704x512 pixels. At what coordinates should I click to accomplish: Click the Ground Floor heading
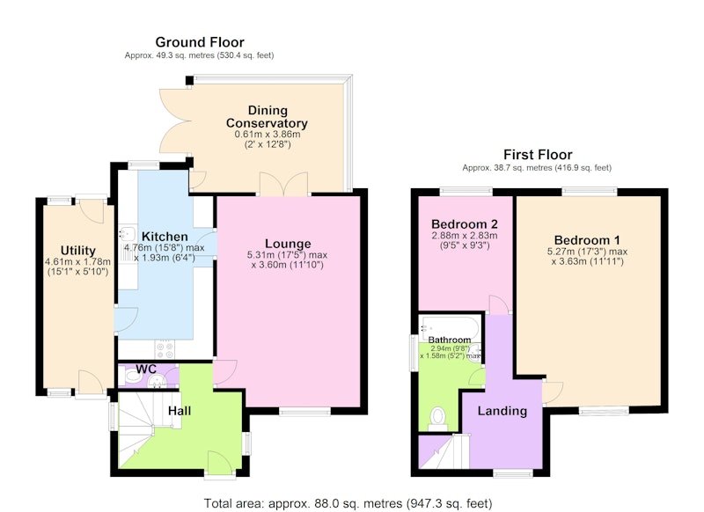click(x=200, y=42)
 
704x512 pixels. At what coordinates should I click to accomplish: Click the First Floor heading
click(x=538, y=155)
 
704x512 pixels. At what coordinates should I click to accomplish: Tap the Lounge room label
click(x=288, y=244)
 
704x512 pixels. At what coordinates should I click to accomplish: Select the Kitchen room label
click(x=165, y=237)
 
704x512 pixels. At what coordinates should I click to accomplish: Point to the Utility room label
click(x=78, y=251)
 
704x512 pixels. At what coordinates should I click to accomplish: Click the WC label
click(x=146, y=369)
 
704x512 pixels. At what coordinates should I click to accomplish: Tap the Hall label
click(x=180, y=411)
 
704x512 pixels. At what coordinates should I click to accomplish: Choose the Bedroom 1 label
click(x=587, y=240)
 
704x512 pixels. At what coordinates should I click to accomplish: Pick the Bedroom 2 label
click(x=465, y=224)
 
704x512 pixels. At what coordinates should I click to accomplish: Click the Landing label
click(x=502, y=411)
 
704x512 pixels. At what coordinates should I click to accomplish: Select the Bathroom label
click(x=450, y=340)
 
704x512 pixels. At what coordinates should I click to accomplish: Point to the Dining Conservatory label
click(x=268, y=117)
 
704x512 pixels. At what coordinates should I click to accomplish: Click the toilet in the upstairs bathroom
click(x=437, y=417)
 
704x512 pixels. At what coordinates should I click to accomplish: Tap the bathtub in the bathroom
click(x=450, y=327)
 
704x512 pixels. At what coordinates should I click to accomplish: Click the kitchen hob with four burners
click(x=165, y=350)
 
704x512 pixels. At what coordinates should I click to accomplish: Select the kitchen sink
click(x=128, y=234)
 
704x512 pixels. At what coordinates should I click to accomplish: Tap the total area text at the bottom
click(x=348, y=503)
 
